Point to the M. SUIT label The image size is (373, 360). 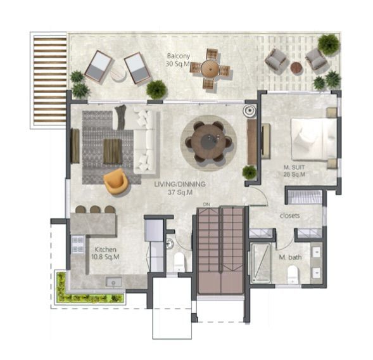tap(294, 171)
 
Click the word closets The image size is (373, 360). tap(289, 215)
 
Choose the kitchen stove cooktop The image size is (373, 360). tap(77, 244)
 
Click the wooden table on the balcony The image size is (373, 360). tap(210, 68)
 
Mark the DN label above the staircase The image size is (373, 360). tap(206, 203)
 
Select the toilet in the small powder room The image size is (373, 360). tap(179, 260)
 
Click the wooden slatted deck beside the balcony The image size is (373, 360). tap(49, 79)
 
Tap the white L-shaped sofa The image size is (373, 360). tap(144, 141)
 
